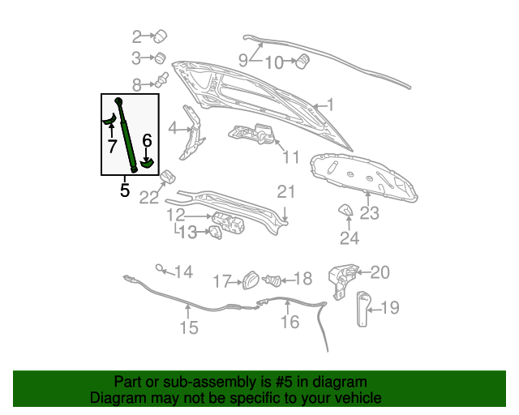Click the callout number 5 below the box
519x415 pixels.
coord(124,190)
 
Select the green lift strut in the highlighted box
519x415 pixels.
coord(127,135)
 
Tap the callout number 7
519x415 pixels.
coord(112,146)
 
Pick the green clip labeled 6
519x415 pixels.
coord(147,162)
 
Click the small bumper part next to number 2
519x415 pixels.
coord(161,36)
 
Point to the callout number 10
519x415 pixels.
coord(274,62)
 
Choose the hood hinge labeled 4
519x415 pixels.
coord(192,132)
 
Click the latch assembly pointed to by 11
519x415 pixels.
coord(252,134)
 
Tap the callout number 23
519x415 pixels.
coord(369,213)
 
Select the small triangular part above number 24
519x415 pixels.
coord(345,210)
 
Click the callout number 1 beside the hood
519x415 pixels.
coord(330,105)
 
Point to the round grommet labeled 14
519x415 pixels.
coord(160,267)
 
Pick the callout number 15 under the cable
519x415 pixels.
coord(189,327)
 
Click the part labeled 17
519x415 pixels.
coord(251,280)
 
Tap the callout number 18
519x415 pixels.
coord(302,278)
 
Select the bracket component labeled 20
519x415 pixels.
coord(343,281)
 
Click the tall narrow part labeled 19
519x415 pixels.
coord(363,309)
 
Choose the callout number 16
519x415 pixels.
coord(290,322)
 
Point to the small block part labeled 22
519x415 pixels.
coord(168,177)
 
